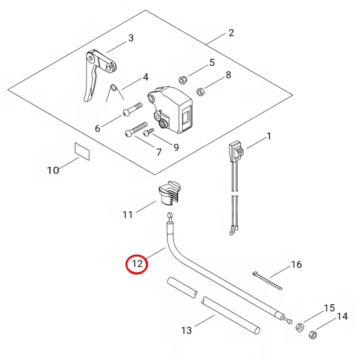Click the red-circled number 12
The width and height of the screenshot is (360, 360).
coord(137,263)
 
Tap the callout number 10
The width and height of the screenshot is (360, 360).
coord(53,170)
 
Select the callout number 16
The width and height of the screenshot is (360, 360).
coord(296,264)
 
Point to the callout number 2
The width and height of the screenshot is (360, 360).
coord(231,33)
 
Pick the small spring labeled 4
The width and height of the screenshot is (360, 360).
coord(114,91)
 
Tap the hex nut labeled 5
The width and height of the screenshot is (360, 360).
coord(183,80)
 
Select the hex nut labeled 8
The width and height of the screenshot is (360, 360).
coord(201,92)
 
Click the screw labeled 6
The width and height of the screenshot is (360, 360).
coord(132,109)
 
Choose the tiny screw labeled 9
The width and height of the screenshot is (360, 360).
coord(148,132)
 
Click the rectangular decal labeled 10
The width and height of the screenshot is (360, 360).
coord(82,151)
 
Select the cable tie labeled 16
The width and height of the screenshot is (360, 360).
coord(267,280)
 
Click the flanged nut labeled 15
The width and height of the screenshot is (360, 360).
coord(300,327)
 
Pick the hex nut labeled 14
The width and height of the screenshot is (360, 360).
coord(313,335)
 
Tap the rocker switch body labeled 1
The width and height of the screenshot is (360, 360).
coord(236,152)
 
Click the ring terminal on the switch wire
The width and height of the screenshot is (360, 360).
coord(232,231)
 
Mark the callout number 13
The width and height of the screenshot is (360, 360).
coord(186,330)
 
